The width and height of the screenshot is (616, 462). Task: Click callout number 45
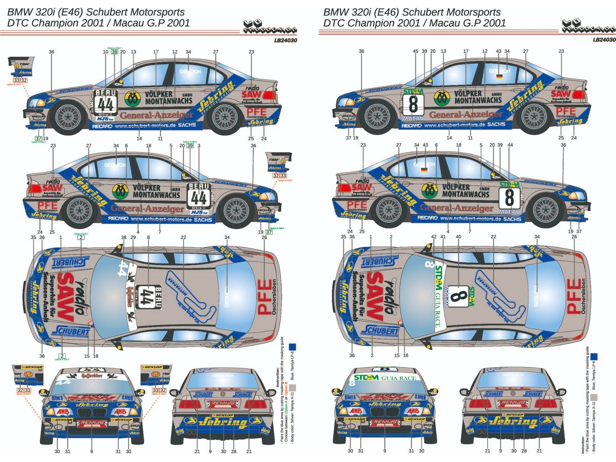416,51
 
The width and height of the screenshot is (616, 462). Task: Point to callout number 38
123,237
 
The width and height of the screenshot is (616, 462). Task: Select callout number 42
434,237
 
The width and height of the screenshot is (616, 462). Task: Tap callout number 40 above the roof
459,237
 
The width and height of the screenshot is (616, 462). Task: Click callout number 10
106,51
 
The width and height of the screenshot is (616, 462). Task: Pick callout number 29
133,237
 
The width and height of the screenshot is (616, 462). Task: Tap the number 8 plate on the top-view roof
457,298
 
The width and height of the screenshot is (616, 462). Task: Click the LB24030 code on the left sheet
286,40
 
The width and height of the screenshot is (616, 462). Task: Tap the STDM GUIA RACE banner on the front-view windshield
399,378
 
